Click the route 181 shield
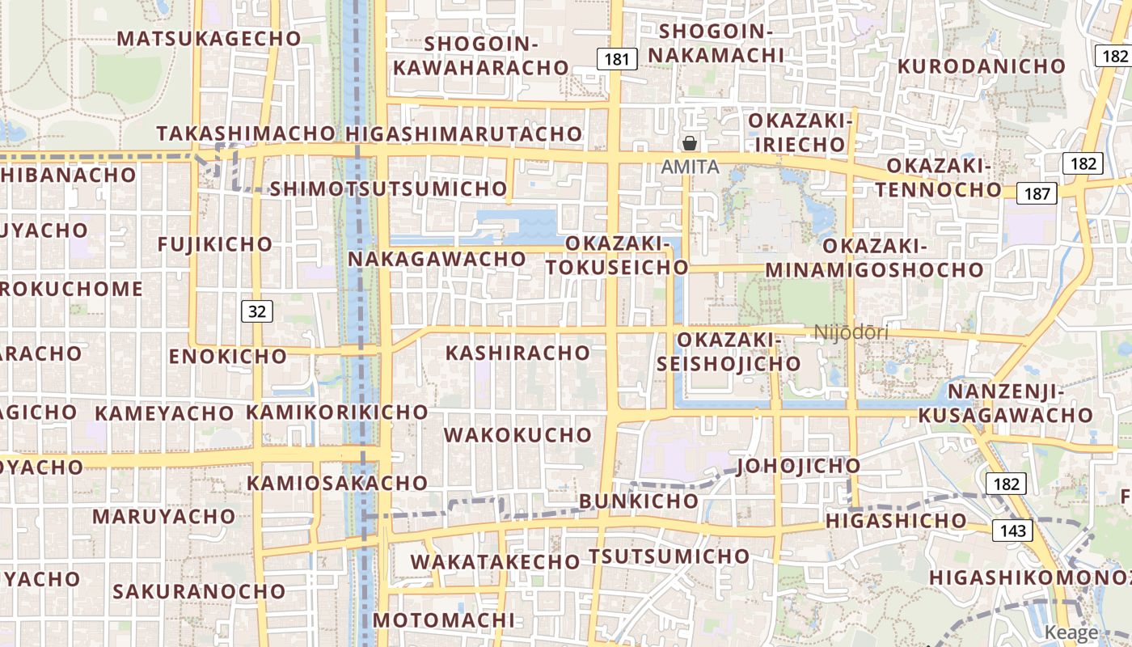click(x=616, y=59)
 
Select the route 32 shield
click(x=257, y=311)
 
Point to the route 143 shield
click(x=1012, y=531)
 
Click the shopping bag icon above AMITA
click(x=690, y=144)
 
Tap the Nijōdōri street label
click(x=851, y=332)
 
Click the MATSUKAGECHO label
click(x=209, y=38)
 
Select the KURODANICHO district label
click(x=982, y=66)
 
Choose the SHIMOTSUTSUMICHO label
click(x=388, y=188)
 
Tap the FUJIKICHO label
click(x=215, y=243)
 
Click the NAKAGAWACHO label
click(x=437, y=259)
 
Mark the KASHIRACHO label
click(x=517, y=353)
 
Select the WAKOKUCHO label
click(x=517, y=434)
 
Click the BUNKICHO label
click(x=638, y=501)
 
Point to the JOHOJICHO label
click(x=798, y=466)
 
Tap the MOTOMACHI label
click(x=443, y=620)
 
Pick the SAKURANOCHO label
click(x=199, y=591)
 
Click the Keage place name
click(x=1071, y=632)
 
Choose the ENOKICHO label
click(x=227, y=356)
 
